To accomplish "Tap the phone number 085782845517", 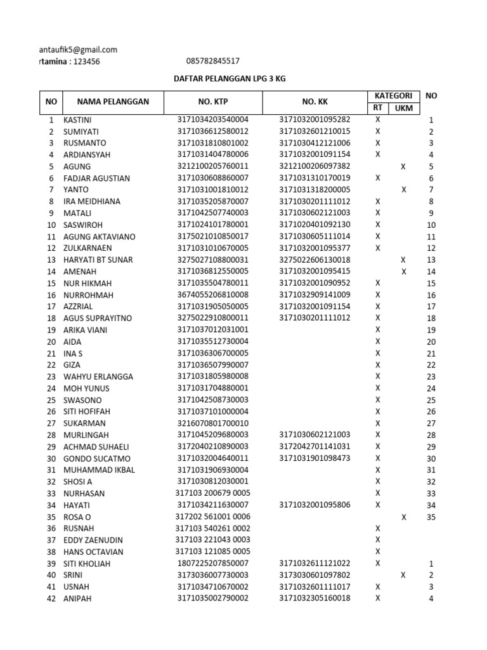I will coord(213,62).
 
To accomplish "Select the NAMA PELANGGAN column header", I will coord(113,102).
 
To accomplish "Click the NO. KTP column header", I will coord(213,102).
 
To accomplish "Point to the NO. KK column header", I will coord(314,102).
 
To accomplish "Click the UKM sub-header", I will coord(403,109).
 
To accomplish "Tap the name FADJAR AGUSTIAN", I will coord(96,178).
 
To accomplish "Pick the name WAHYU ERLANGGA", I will coord(98,377).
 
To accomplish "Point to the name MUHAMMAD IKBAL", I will coord(98,470).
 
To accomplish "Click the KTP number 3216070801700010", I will coord(213,423).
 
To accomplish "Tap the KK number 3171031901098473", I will coord(314,458).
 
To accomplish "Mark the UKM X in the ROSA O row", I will coord(403,517).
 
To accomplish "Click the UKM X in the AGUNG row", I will coord(403,166).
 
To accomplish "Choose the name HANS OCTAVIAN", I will coord(93,552).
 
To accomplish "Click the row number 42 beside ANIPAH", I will coord(51,599).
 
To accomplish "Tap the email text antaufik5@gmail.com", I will coord(78,50).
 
